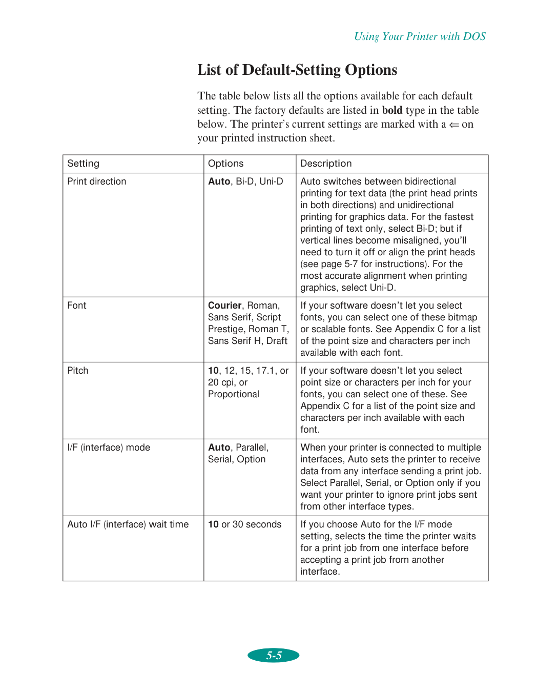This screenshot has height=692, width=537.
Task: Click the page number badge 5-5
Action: point(274,655)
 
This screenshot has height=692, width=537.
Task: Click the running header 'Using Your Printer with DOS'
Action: point(420,36)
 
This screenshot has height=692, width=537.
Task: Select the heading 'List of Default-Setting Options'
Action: point(297,70)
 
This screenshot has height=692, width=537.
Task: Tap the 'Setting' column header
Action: point(84,164)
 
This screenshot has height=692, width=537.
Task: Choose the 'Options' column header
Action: point(225,164)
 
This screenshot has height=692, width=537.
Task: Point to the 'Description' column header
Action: point(326,164)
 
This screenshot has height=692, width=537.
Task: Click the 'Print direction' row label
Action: point(97,181)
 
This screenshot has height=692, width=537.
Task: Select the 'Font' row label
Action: point(77,306)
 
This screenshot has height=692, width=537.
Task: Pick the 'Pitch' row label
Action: point(78,371)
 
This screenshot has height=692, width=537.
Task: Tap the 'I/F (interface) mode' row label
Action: point(109,447)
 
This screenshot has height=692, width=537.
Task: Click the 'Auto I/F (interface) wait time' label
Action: point(128,524)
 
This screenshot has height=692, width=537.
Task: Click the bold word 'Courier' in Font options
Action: point(224,306)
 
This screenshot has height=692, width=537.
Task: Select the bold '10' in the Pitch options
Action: point(213,371)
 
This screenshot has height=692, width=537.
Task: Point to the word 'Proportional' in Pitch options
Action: point(234,394)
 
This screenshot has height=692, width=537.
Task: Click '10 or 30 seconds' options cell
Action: point(245,524)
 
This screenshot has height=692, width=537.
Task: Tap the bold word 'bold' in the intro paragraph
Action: point(392,110)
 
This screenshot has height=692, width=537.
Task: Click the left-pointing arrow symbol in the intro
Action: point(454,125)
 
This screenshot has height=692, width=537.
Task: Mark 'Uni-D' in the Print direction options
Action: point(271,181)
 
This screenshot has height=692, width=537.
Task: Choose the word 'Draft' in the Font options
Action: point(277,341)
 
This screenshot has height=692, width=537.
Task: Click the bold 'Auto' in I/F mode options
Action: point(219,447)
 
